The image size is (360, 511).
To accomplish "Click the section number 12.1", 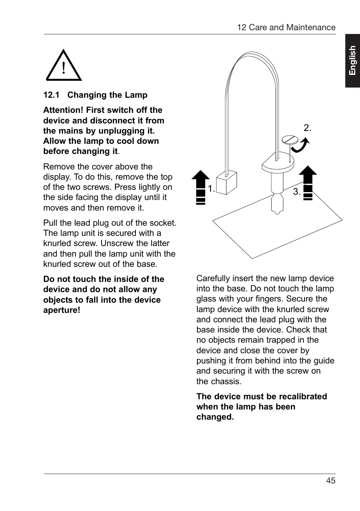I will (51, 95).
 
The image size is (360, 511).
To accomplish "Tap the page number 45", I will (331, 480).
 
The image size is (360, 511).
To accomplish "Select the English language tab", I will (352, 60).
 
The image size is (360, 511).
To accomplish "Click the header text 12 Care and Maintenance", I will (286, 28).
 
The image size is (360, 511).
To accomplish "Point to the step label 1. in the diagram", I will (211, 189).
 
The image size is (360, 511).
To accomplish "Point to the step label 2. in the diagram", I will (308, 128).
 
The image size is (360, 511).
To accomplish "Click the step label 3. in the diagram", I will (297, 192).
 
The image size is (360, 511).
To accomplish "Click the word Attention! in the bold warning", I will (63, 110).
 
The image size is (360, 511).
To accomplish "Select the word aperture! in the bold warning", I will (62, 310).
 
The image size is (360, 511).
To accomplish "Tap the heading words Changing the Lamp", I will (107, 95).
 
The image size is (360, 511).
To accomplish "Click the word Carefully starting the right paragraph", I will (212, 279).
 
